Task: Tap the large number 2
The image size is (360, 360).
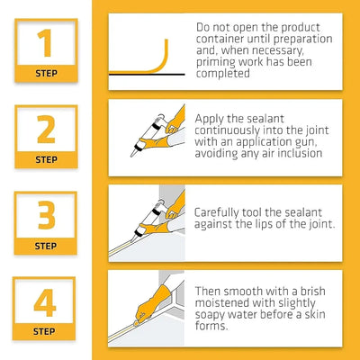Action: coord(45,128)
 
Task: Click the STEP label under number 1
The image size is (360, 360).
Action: coord(45,73)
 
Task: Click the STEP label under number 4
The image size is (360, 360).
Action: coord(45,331)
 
